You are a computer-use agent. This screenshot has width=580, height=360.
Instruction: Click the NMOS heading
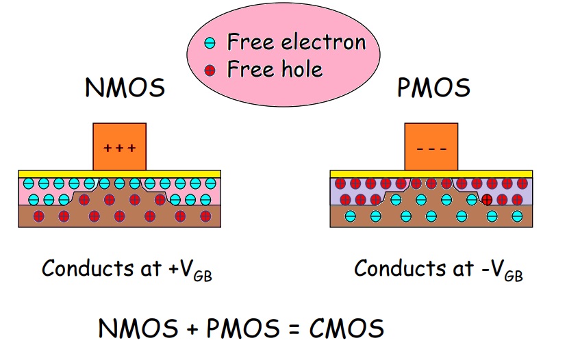coord(125,89)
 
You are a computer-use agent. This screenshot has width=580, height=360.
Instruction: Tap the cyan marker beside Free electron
coord(211,42)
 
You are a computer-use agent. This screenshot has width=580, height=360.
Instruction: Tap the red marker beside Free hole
coord(211,69)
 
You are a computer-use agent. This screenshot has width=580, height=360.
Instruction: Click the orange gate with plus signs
coord(119,146)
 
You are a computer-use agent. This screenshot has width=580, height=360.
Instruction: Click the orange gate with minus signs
coord(431,146)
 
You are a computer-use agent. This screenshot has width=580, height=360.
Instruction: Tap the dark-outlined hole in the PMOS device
coord(486,200)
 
